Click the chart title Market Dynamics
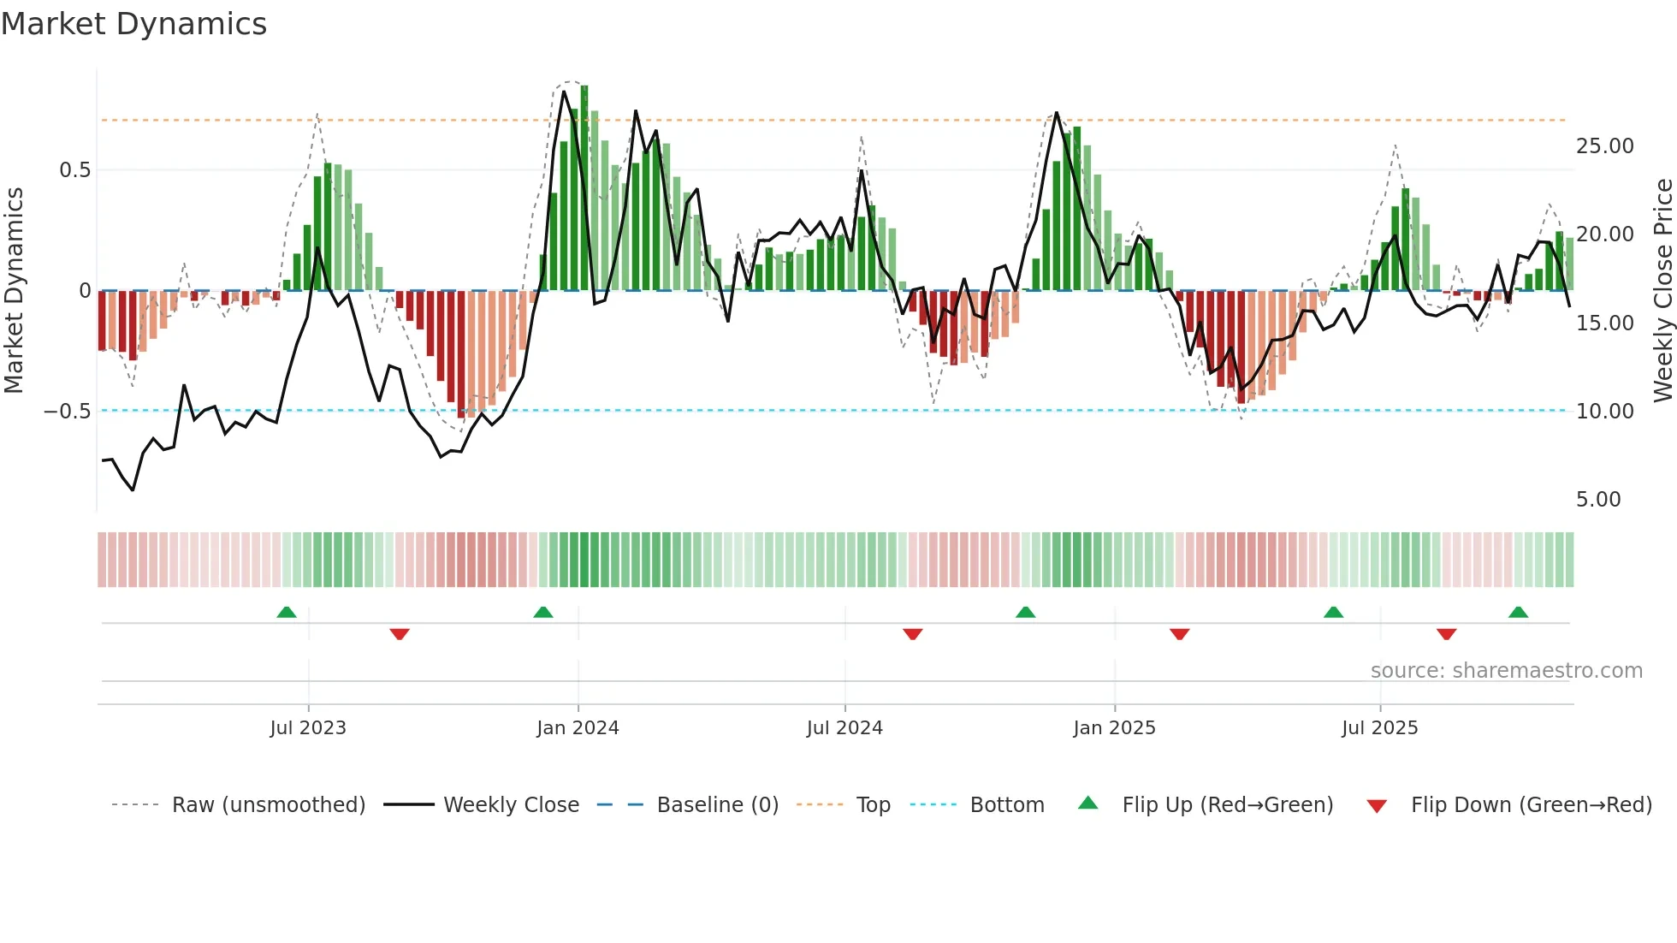[x=133, y=24]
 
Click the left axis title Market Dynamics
[x=14, y=290]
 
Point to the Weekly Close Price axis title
[x=1662, y=290]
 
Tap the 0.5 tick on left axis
[x=74, y=170]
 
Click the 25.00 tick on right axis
[x=1604, y=146]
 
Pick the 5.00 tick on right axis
[x=1597, y=500]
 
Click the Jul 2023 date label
[x=308, y=728]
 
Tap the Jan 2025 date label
[x=1114, y=728]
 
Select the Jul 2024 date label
[x=844, y=728]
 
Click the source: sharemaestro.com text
[x=1506, y=671]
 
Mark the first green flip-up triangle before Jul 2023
[x=287, y=612]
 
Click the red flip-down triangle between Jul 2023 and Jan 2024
[x=400, y=634]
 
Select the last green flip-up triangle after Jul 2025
[x=1519, y=612]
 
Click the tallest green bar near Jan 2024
[x=584, y=188]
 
